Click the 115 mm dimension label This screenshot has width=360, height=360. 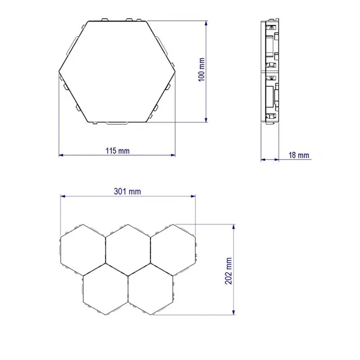tap(117, 151)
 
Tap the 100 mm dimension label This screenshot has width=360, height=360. tap(202, 70)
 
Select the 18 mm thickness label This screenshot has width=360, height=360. tap(298, 155)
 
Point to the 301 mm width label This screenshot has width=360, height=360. tap(128, 191)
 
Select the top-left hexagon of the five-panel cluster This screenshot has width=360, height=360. tap(83, 248)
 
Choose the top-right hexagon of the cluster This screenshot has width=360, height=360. tap(173, 248)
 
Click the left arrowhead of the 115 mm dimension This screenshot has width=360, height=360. tap(61, 155)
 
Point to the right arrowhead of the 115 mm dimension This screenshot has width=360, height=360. tap(173, 155)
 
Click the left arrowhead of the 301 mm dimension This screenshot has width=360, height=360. tap(63, 196)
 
